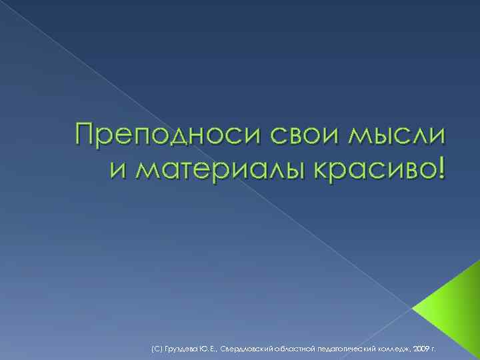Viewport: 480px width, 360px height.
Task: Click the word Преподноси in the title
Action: tap(169, 137)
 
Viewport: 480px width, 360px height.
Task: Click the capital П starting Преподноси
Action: tap(86, 135)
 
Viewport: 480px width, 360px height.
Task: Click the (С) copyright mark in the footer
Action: tap(157, 348)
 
